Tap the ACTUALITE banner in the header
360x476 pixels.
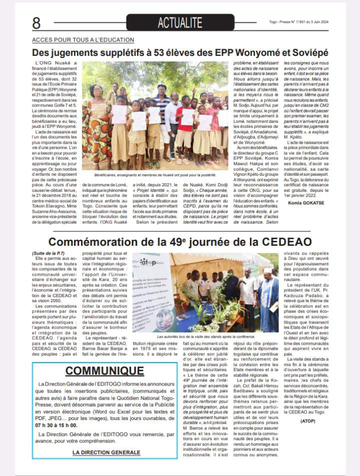[x=180, y=22]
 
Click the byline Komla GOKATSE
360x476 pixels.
[x=306, y=217]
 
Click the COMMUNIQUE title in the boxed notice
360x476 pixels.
[x=104, y=370]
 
